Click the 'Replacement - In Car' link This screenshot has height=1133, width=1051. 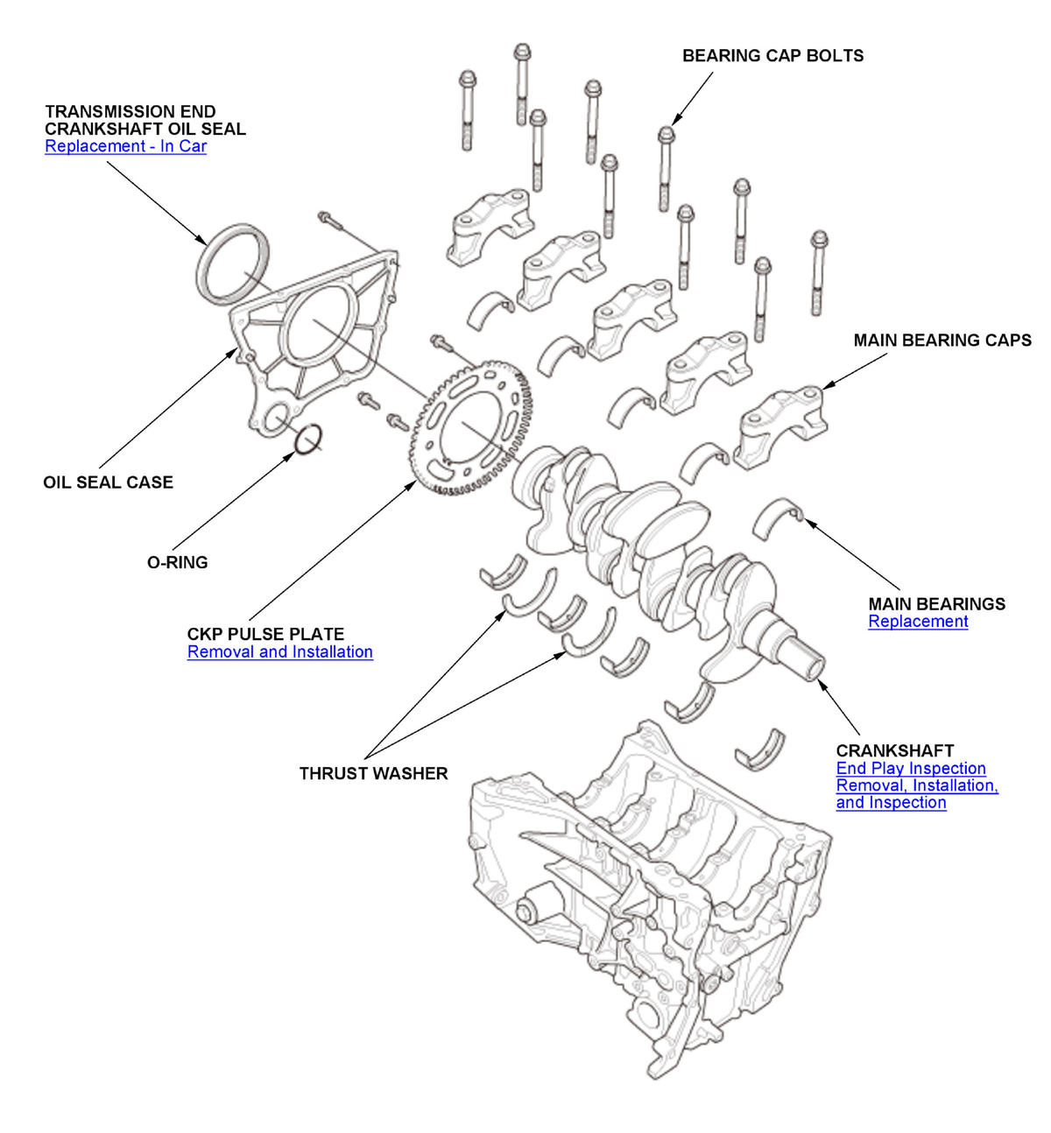[125, 146]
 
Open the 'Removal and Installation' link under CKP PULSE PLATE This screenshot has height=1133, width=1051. [279, 652]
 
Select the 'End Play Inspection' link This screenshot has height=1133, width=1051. [911, 769]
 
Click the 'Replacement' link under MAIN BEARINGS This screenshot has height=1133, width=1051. [918, 622]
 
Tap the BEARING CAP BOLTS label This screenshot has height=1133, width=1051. [772, 56]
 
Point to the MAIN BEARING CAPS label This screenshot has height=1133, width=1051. [942, 341]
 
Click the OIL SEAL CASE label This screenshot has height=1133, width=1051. [108, 482]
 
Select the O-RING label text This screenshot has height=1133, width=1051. [177, 563]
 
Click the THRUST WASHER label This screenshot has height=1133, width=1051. [373, 774]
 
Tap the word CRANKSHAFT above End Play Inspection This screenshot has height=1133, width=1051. [894, 751]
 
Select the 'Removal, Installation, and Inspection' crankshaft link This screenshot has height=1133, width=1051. [916, 794]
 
